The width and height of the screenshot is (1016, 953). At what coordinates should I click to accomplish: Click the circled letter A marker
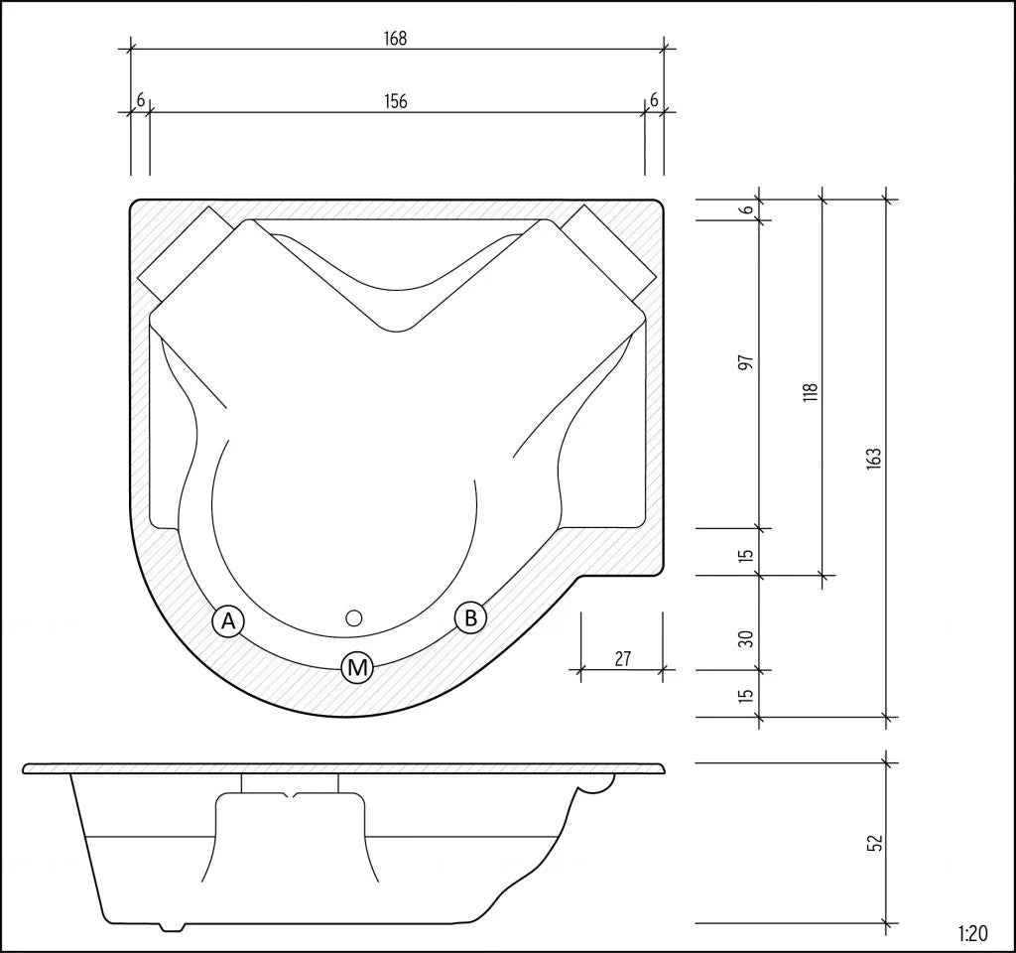point(228,621)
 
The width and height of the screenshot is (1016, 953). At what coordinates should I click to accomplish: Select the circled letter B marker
point(470,617)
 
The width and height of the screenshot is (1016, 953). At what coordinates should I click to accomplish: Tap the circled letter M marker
point(357,668)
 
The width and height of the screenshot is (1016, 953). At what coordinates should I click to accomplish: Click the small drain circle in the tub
point(354,617)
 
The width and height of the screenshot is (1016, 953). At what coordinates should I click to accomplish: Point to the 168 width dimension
point(396,39)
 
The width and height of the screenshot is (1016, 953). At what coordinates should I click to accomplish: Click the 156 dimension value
point(396,101)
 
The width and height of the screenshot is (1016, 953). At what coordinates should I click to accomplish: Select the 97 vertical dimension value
point(747,362)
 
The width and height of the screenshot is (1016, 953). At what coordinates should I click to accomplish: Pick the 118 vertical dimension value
point(810,391)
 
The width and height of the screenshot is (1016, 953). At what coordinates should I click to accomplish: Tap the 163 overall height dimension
point(873,458)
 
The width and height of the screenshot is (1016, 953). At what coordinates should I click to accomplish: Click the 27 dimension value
point(622,657)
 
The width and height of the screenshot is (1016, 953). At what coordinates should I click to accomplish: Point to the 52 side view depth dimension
point(873,843)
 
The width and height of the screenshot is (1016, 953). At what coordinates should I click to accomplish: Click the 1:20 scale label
point(973,934)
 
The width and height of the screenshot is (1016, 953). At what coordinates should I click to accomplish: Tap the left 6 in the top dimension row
point(140,99)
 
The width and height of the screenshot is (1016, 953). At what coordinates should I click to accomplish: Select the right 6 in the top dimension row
point(654,99)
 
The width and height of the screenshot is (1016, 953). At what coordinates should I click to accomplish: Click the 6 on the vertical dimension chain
point(747,209)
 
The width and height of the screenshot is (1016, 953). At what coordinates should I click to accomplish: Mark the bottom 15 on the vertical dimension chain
point(747,694)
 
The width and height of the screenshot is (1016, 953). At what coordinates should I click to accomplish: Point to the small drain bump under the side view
point(171,927)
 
